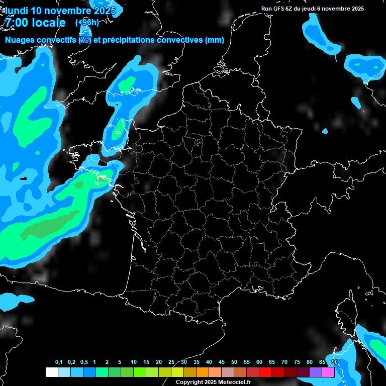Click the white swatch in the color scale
coord(51,372)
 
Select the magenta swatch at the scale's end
coord(328,372)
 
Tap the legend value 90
coord(335,362)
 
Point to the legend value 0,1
coord(59,362)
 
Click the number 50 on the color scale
coord(234,362)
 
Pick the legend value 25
coord(171,362)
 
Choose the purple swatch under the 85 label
coord(316,372)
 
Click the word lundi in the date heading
coord(16,10)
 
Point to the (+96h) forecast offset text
coord(87,23)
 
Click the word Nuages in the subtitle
coord(19,40)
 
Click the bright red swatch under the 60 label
coord(265,372)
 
